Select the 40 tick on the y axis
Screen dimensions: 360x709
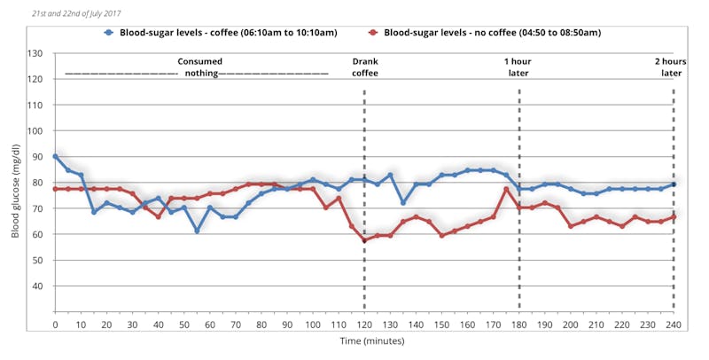point(38,286)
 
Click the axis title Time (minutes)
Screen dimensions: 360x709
point(364,341)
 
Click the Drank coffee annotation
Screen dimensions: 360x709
point(364,67)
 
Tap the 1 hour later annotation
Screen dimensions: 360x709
point(518,67)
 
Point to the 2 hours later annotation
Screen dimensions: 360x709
point(670,67)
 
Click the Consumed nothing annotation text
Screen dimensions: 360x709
point(200,67)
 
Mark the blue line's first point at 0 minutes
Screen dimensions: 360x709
point(55,156)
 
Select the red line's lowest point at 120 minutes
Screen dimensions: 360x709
point(364,240)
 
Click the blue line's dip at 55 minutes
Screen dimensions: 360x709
point(197,231)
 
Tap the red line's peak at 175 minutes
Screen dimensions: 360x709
point(506,189)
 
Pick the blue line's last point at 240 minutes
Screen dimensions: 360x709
point(674,184)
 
